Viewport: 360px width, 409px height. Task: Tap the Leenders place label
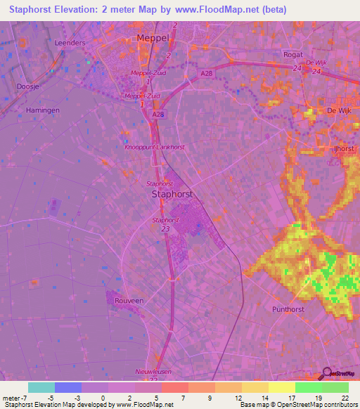[70, 43]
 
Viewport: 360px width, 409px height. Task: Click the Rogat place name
[292, 54]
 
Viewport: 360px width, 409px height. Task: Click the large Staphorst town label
[172, 197]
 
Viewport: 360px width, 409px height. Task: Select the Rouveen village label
[129, 300]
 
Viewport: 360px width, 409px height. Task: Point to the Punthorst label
[290, 309]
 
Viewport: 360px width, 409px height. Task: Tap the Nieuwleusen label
[153, 371]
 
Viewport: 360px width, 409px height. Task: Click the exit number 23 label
[165, 228]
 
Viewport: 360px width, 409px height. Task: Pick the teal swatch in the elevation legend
[41, 387]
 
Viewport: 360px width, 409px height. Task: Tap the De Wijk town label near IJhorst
[339, 111]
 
